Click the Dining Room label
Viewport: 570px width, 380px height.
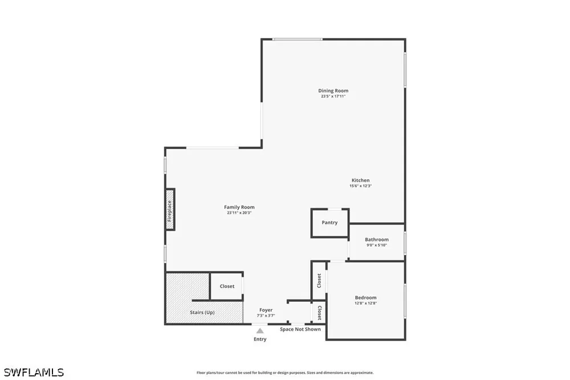[x=333, y=91]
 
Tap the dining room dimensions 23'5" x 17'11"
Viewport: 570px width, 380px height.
[x=333, y=96]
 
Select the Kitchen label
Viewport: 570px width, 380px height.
[x=361, y=180]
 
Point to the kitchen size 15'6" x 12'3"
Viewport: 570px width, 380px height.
[x=361, y=186]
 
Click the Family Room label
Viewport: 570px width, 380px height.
[x=239, y=207]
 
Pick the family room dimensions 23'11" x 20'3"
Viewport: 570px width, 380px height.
[x=239, y=213]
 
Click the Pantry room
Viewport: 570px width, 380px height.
[x=329, y=223]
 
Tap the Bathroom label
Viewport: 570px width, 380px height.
[x=377, y=240]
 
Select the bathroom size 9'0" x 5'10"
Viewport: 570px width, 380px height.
[x=377, y=245]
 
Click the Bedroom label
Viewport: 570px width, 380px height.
[x=366, y=297]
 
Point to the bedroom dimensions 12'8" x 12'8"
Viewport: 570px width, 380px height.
[x=366, y=303]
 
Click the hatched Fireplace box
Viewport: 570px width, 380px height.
[x=170, y=209]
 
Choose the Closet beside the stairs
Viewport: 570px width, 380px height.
[x=227, y=286]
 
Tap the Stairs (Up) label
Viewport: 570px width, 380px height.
[x=202, y=312]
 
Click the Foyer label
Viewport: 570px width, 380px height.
[x=266, y=310]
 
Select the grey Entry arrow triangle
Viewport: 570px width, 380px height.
[x=260, y=331]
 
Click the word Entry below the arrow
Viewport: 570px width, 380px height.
[x=260, y=339]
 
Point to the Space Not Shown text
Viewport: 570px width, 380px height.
[x=300, y=329]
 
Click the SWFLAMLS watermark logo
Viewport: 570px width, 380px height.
[x=34, y=373]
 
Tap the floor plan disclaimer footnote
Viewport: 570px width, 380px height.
[x=285, y=373]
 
